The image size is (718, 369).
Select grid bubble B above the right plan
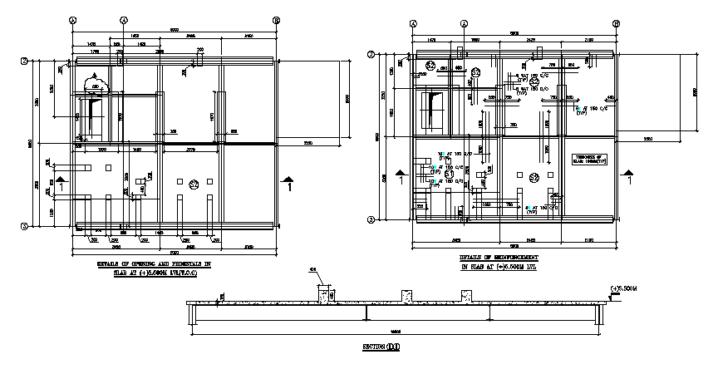616,25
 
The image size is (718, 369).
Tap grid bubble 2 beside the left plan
25,61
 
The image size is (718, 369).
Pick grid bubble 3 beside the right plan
371,219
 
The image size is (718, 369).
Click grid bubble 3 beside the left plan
25,225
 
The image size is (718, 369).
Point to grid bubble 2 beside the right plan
371,55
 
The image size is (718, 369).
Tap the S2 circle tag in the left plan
194,184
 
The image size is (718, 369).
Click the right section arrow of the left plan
288,181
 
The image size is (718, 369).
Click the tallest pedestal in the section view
327,294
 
